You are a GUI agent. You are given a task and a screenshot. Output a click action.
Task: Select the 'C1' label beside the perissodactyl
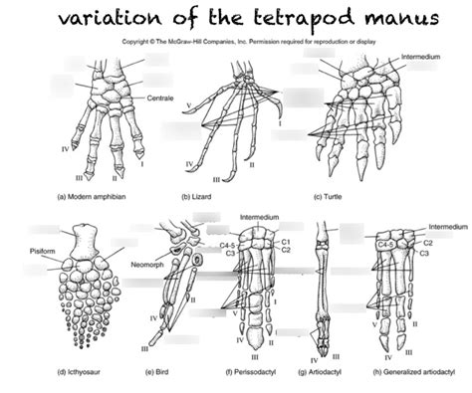286,241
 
